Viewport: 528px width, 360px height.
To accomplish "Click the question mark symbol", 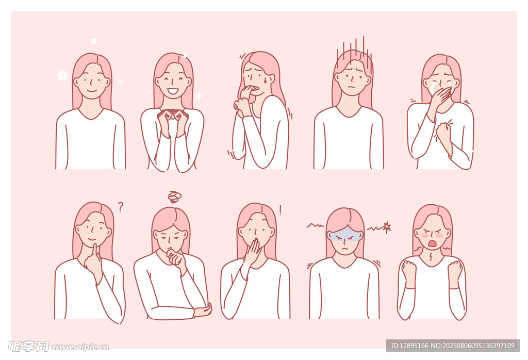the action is point(121,206).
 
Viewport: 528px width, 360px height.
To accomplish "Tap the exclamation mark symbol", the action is point(280,210).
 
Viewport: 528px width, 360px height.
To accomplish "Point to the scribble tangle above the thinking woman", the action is point(174,197).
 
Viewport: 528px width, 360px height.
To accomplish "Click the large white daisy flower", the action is point(62,75).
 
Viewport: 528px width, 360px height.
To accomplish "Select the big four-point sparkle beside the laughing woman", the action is point(199,96).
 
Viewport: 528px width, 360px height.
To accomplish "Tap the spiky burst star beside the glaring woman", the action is point(387,227).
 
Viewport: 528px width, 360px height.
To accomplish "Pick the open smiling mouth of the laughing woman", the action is point(173,91).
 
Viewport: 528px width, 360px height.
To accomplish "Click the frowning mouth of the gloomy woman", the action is point(352,87).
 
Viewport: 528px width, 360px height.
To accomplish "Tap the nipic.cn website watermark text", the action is point(80,347).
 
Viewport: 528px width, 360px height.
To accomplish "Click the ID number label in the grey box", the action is point(409,346).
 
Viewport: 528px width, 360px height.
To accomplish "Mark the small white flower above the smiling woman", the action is point(94,41).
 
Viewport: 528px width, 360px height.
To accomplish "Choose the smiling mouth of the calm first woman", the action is point(92,91).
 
